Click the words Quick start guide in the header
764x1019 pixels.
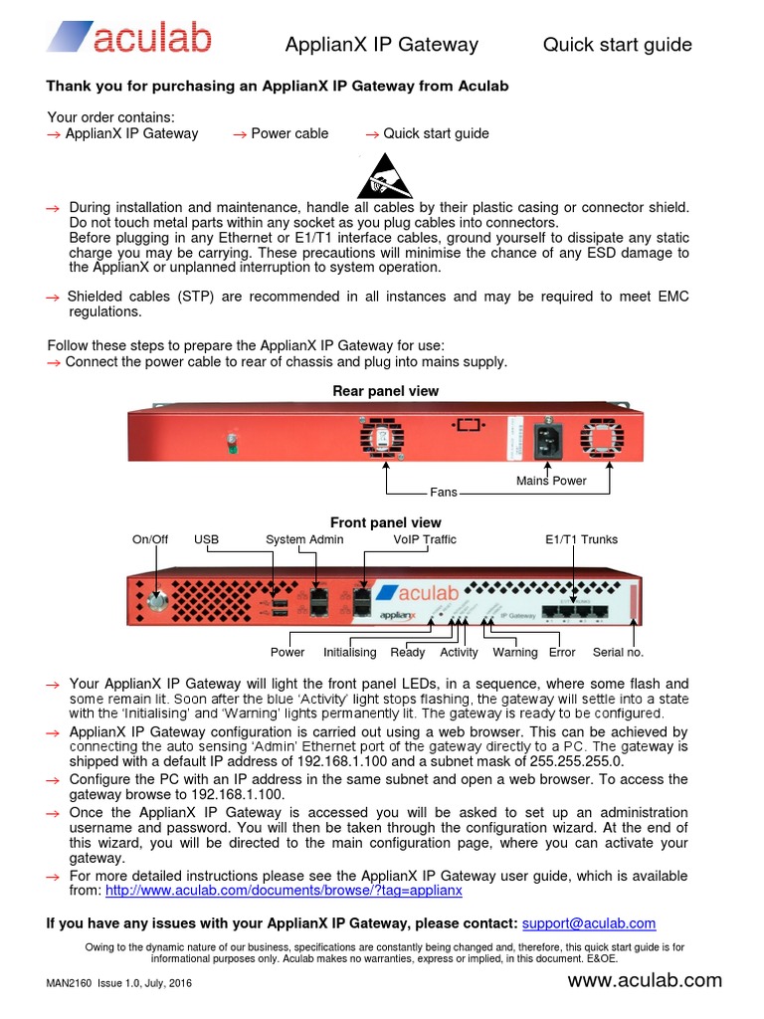[617, 45]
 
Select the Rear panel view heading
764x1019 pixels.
[385, 391]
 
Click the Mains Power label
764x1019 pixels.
[551, 481]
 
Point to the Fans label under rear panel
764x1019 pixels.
[443, 493]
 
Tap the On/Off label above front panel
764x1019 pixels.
[150, 539]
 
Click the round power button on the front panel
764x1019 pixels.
[156, 602]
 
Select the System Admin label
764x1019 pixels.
[304, 539]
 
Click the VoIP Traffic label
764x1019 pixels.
[425, 539]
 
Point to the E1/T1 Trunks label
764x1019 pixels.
[582, 539]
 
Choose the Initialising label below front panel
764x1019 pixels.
[349, 653]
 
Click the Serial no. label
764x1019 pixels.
[618, 653]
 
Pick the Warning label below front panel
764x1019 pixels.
[514, 653]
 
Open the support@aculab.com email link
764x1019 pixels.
[589, 923]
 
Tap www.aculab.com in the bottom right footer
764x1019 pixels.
[645, 980]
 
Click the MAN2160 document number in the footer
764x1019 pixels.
[69, 983]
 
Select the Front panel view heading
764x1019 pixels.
[385, 522]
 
